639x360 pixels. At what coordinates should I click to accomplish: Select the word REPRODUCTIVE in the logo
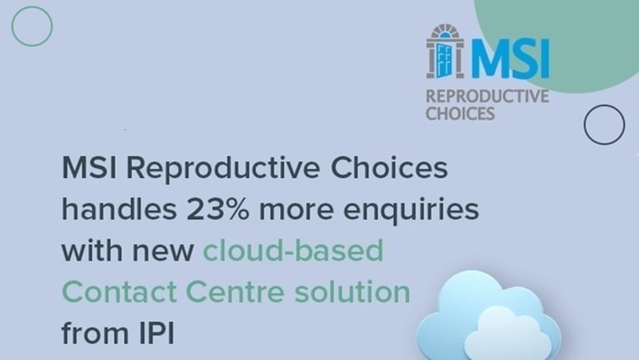coord(486,96)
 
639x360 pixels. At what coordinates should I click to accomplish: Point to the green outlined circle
coord(33,26)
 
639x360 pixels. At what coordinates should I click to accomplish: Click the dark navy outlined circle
coord(604,124)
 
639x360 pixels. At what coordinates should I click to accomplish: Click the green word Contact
coord(114,292)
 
